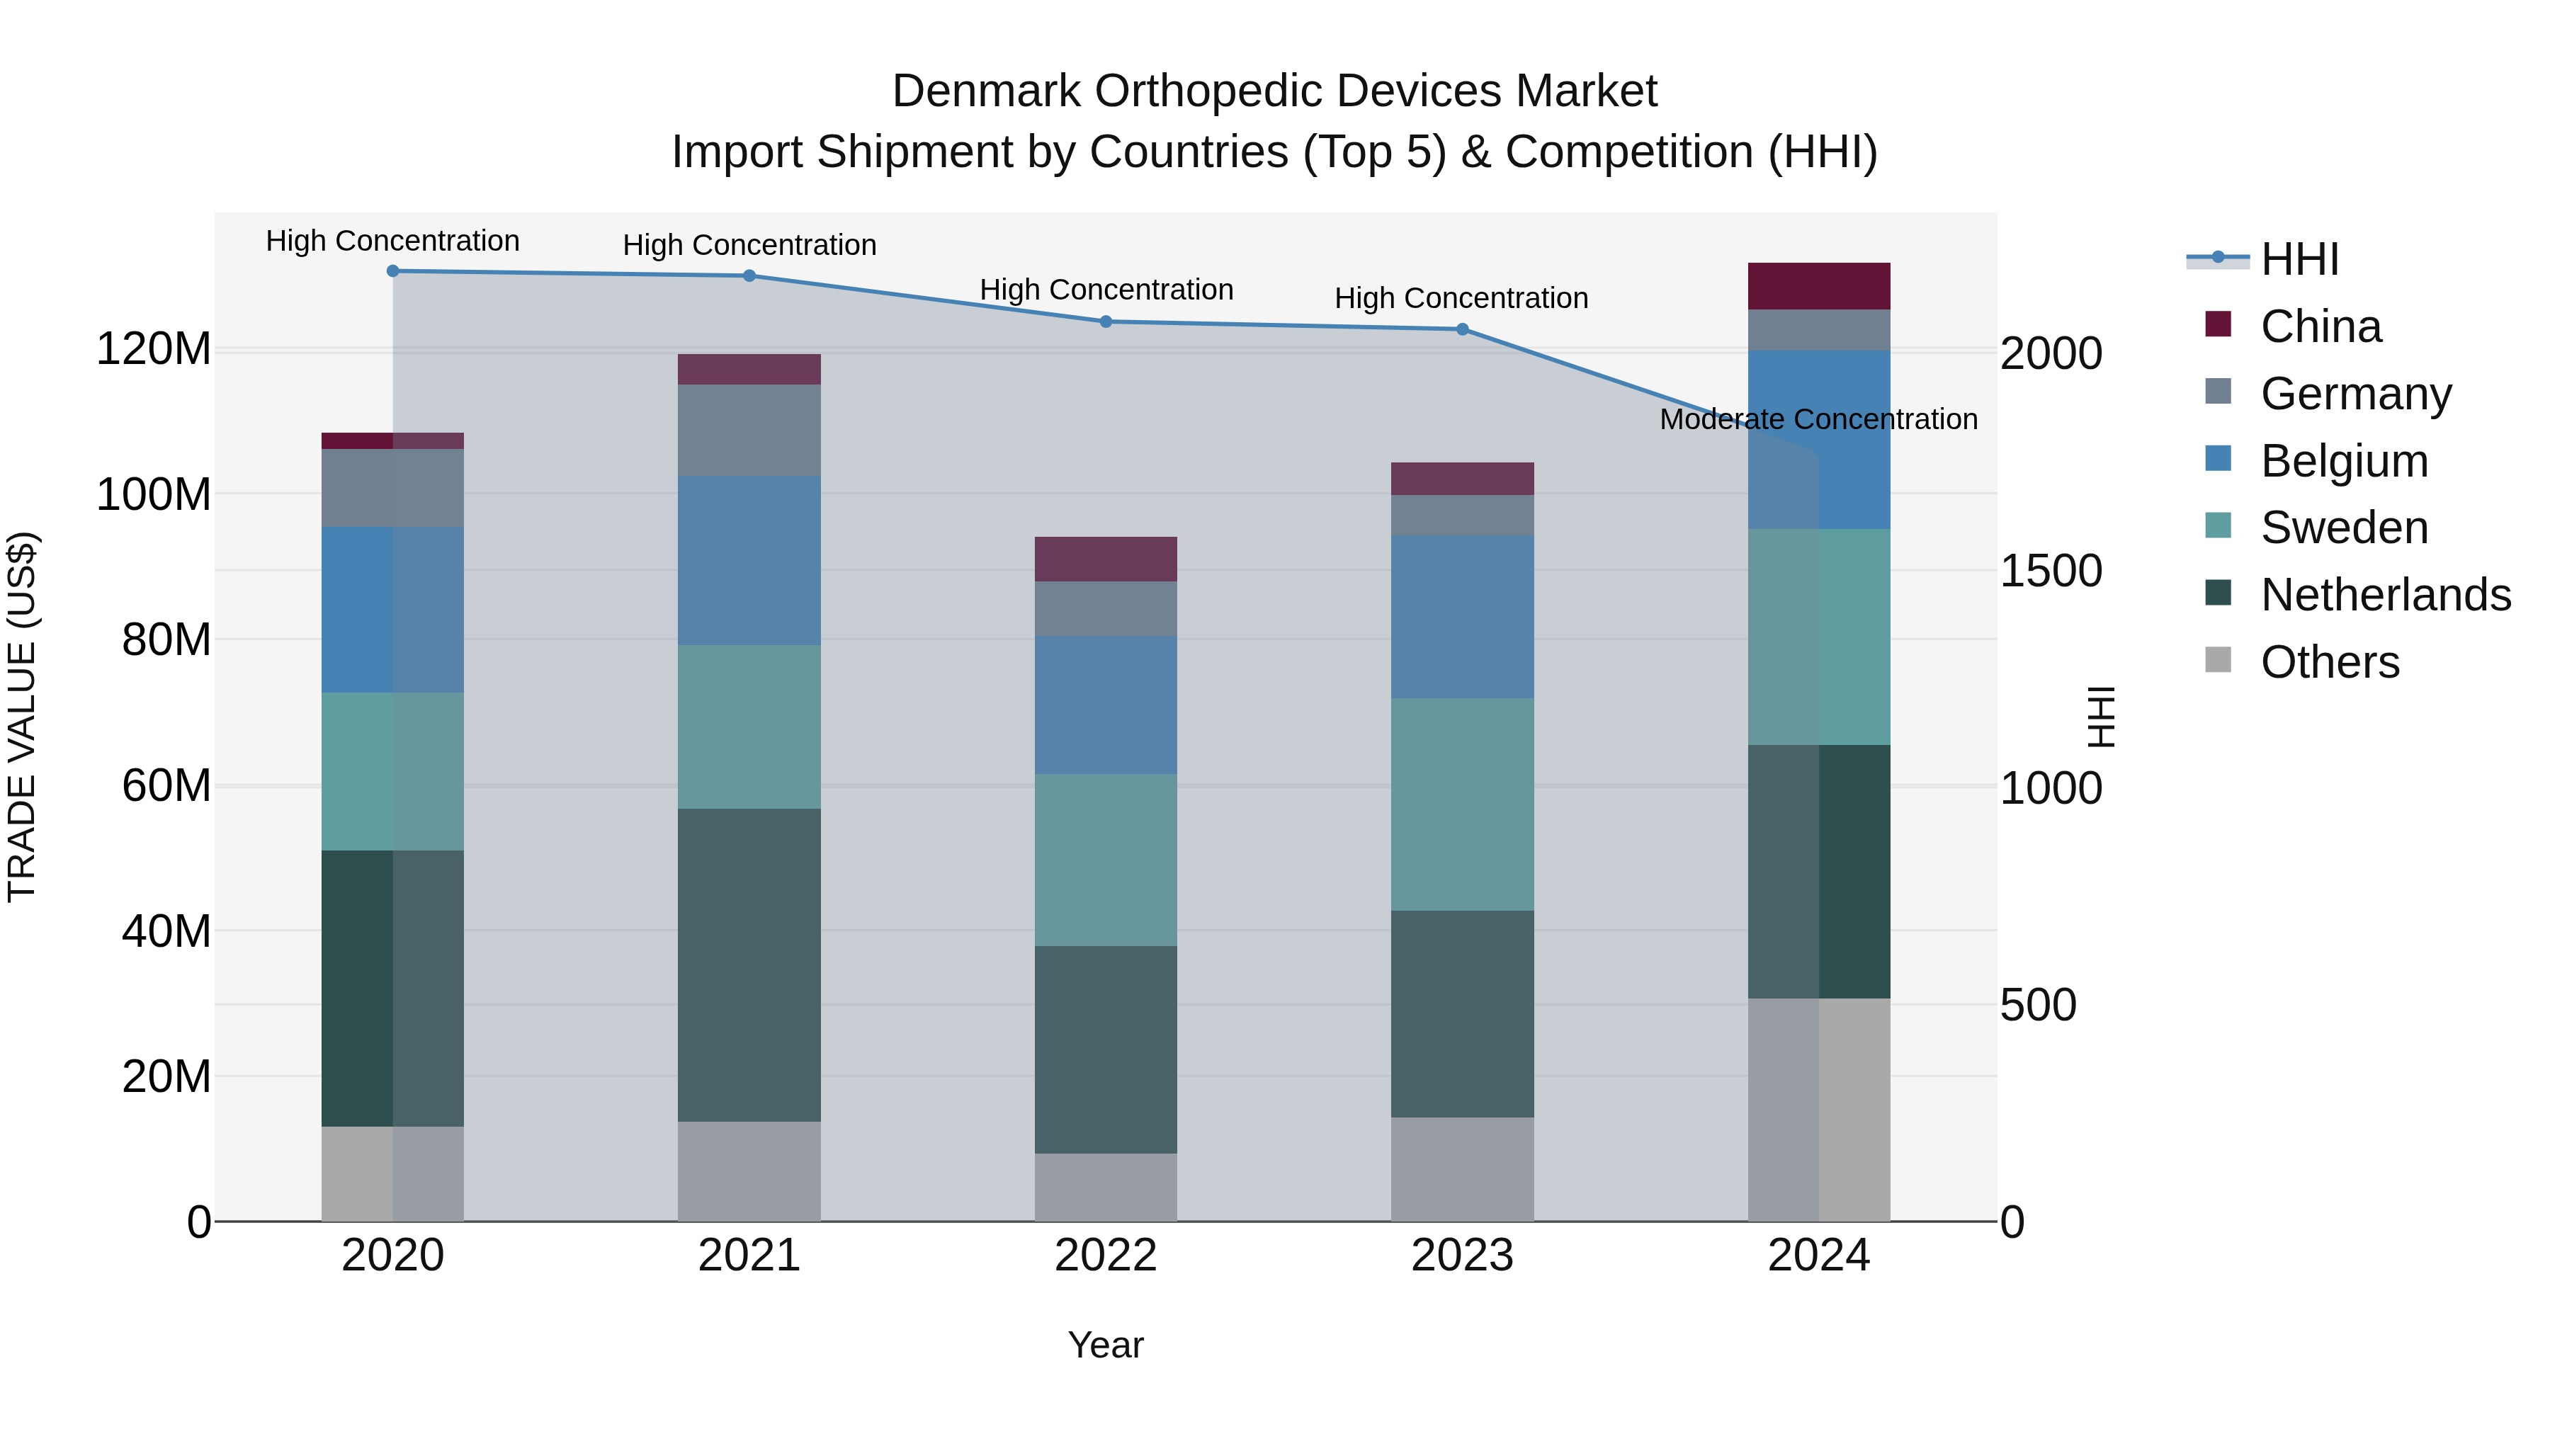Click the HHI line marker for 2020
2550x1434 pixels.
point(393,271)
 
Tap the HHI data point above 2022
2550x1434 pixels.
point(1106,321)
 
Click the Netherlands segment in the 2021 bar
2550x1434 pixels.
point(749,965)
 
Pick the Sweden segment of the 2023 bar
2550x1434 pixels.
point(1462,804)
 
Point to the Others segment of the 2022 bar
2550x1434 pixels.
point(1106,1187)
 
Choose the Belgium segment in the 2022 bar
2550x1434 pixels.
point(1106,705)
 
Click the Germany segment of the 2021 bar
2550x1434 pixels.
point(749,431)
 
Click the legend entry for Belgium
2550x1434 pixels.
point(2343,461)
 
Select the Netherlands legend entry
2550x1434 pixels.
point(2385,595)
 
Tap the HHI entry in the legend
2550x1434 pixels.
point(2299,259)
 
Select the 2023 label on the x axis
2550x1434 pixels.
point(1462,1256)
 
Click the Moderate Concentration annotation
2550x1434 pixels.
point(1818,420)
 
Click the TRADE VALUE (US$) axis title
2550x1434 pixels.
point(23,717)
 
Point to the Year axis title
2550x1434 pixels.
point(1106,1345)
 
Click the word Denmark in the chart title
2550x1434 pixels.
point(986,91)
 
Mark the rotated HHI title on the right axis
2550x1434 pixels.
point(2099,717)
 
